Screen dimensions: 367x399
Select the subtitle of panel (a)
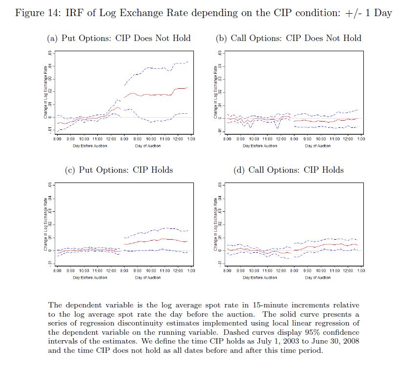(x=118, y=38)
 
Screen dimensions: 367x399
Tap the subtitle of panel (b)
(x=289, y=38)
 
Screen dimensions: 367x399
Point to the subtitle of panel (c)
(x=119, y=170)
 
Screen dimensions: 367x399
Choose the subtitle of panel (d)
(x=289, y=170)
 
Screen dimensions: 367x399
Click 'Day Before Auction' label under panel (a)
(x=90, y=146)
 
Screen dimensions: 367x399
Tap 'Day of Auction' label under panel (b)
(x=317, y=146)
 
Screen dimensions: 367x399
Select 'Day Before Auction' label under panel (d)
(x=260, y=278)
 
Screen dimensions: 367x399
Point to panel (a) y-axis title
(x=45, y=93)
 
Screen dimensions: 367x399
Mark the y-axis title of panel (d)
(x=215, y=224)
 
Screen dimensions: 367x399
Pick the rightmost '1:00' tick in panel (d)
(x=361, y=271)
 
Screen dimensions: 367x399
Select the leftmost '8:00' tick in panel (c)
(x=57, y=271)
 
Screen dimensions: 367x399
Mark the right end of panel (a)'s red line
(x=188, y=88)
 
